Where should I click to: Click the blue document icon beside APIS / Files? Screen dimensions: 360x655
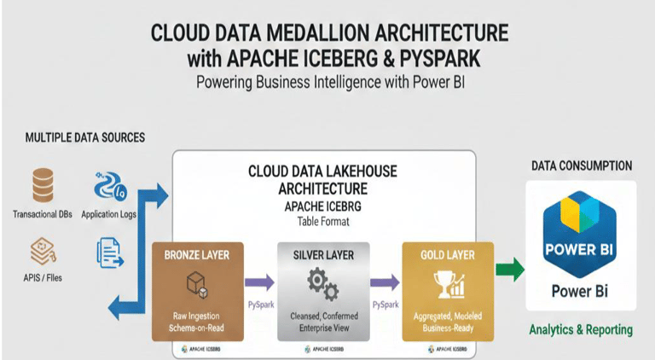point(107,253)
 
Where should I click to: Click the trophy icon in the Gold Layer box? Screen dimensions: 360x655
point(448,285)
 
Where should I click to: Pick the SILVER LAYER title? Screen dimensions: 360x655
point(323,254)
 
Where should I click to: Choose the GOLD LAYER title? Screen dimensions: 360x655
point(448,254)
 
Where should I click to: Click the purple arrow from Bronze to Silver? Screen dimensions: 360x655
point(258,282)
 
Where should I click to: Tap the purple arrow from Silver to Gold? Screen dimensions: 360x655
point(385,282)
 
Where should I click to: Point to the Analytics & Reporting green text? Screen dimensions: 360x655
point(580,329)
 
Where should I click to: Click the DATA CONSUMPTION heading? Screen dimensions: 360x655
point(582,165)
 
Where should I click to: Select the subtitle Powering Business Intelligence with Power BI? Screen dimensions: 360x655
point(328,83)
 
